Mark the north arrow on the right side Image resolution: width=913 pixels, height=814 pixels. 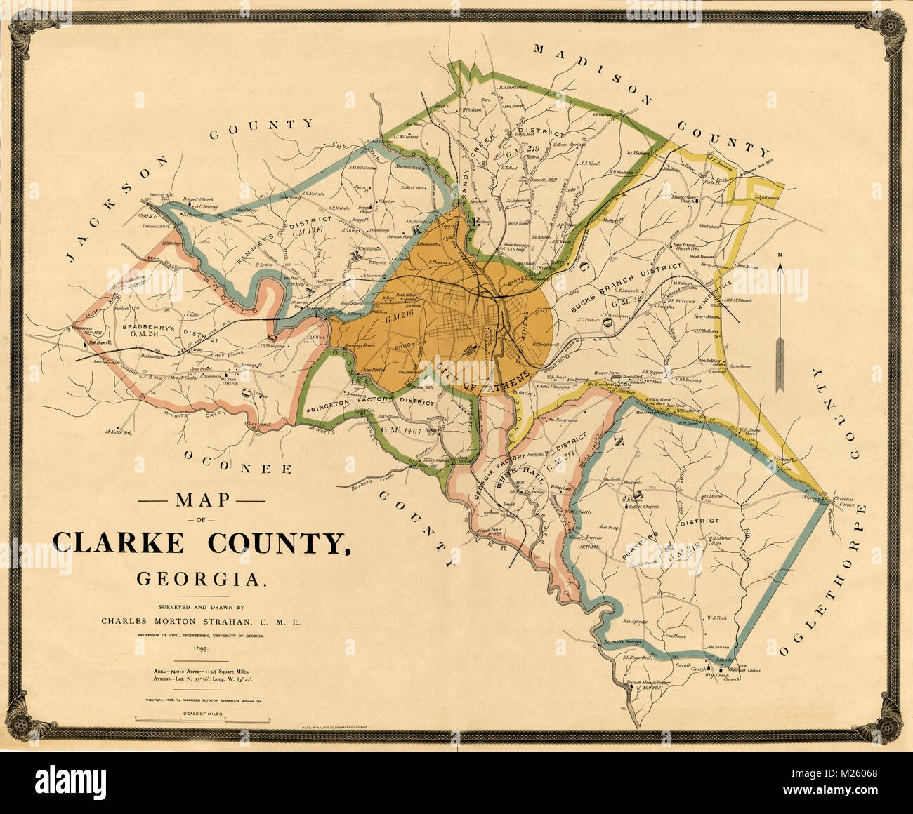click(780, 323)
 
